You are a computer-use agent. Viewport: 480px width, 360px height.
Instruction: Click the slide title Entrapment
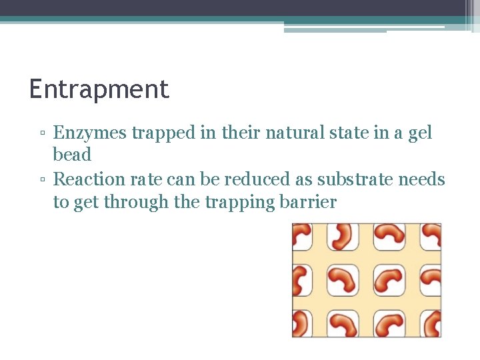(x=99, y=89)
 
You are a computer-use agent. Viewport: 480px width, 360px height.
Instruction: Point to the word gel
(x=420, y=133)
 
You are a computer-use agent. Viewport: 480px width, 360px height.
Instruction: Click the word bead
(x=72, y=155)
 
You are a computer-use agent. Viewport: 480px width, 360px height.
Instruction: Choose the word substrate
(x=355, y=179)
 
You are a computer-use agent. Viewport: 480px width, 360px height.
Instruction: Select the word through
(x=136, y=203)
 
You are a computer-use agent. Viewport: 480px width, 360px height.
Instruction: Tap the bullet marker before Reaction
(x=42, y=181)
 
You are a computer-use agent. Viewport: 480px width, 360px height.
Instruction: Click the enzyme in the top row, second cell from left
(x=345, y=236)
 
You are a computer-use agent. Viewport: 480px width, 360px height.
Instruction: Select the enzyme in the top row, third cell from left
(x=389, y=235)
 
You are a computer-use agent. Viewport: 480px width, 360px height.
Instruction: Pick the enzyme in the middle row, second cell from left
(x=345, y=280)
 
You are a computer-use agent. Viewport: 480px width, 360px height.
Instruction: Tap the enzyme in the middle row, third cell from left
(x=389, y=280)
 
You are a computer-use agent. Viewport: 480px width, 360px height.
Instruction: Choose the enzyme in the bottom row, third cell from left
(x=389, y=324)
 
